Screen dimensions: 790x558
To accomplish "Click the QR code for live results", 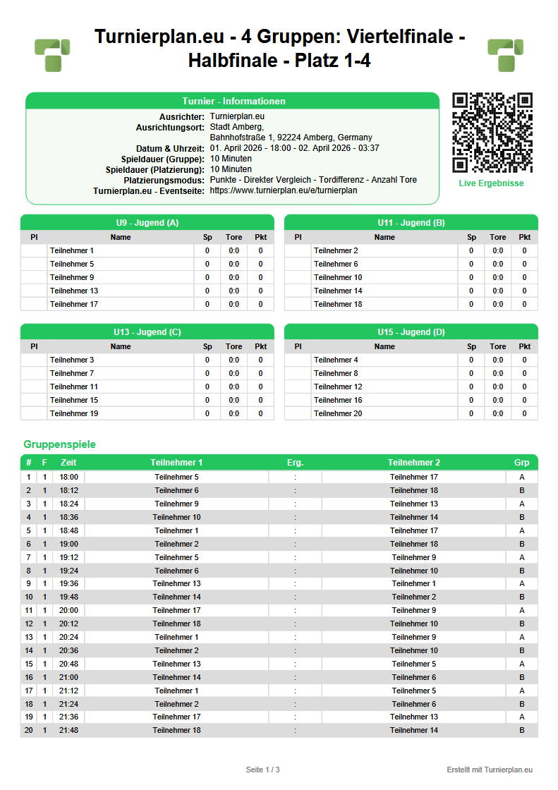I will [x=492, y=133].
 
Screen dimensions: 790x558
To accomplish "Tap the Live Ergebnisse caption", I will [x=492, y=183].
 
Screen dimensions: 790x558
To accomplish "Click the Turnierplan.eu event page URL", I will [x=283, y=190].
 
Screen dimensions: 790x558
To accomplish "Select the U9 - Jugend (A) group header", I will [x=147, y=223].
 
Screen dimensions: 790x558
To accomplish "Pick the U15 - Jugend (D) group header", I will [x=411, y=332].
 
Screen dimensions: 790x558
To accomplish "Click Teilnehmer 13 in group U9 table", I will [x=74, y=291].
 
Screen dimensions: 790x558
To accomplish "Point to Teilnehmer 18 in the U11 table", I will [x=338, y=304].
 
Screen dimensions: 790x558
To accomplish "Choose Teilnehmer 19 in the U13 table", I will [x=74, y=413].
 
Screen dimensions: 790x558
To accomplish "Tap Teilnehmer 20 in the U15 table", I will [x=338, y=413].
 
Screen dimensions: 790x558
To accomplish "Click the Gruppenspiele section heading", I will [x=59, y=444].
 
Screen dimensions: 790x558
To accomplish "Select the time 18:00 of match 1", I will [x=69, y=477].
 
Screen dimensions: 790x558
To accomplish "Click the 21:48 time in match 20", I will [x=69, y=730].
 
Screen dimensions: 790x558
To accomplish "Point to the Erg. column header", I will [x=295, y=463].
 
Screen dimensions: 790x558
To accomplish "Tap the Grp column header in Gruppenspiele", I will [x=522, y=463].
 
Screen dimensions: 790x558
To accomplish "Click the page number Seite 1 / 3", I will [x=263, y=769].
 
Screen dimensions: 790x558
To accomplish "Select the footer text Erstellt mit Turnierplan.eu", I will [x=490, y=769].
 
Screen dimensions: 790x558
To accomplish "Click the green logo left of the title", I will [x=52, y=55].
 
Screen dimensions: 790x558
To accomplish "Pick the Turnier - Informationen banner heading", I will [x=233, y=101].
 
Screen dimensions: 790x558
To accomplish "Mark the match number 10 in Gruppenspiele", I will [x=29, y=597].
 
